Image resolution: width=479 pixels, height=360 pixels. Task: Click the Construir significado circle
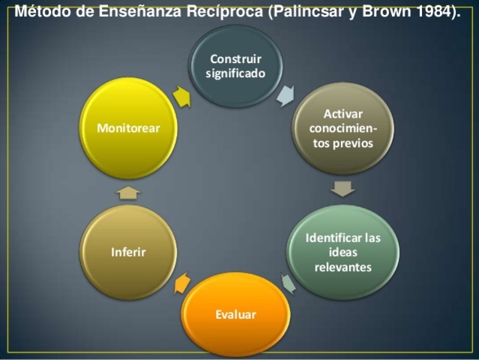pos(235,66)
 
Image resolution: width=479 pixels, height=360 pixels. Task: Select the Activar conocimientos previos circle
pos(342,128)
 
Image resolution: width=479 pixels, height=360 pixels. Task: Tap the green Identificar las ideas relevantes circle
pos(343,252)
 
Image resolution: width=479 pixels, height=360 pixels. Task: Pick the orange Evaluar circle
pos(236,314)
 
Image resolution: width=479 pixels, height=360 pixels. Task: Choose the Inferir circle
pos(129,252)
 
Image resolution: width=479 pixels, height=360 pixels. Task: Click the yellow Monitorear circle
pos(129,128)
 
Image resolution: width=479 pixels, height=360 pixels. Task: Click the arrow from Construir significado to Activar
pos(286,95)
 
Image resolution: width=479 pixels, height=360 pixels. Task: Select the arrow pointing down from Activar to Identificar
pos(343,187)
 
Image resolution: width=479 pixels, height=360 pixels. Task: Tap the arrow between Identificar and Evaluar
pos(289,282)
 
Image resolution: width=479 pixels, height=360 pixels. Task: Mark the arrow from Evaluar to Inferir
pos(182,283)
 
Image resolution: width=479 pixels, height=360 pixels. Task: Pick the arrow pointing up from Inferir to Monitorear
pos(129,193)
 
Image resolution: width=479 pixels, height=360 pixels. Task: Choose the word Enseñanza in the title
pos(142,12)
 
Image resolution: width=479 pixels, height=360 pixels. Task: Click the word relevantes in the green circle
pos(343,267)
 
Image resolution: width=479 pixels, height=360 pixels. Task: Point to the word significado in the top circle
pos(235,73)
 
